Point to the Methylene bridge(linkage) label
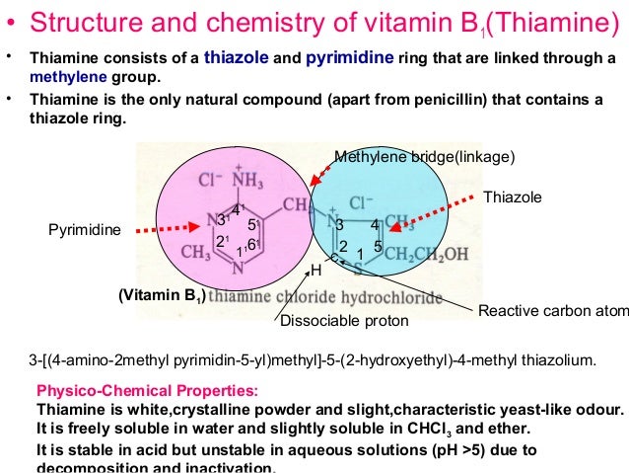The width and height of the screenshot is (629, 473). click(x=425, y=157)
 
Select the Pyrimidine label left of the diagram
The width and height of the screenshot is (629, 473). click(x=83, y=230)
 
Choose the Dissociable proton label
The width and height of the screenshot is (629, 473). click(x=344, y=320)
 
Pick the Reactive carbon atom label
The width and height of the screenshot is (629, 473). click(x=553, y=311)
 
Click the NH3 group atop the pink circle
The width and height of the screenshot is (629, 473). click(x=246, y=182)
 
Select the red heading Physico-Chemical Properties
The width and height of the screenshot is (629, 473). click(x=147, y=390)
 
